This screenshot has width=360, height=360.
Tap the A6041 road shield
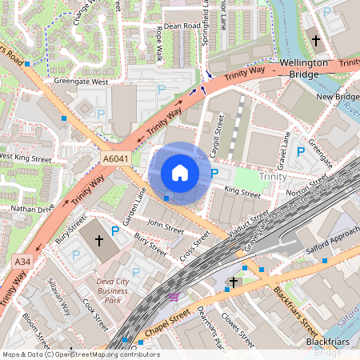(x=115, y=160)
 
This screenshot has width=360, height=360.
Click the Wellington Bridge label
(x=303, y=69)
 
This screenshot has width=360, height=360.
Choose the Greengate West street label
(x=81, y=82)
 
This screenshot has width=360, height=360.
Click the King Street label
(x=242, y=193)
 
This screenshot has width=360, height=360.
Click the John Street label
(x=166, y=227)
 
